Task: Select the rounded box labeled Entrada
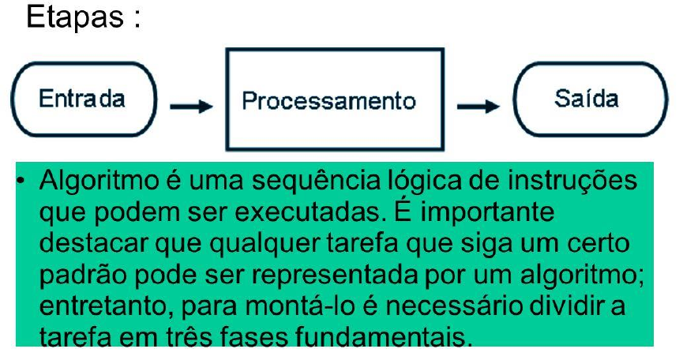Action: (83, 100)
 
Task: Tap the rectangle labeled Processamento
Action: (334, 100)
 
